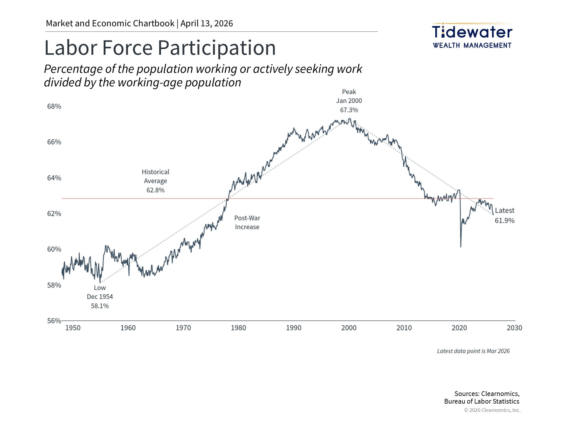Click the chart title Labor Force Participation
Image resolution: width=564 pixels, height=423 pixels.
160,48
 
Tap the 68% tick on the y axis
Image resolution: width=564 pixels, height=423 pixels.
54,106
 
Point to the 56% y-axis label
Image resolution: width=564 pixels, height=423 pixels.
54,321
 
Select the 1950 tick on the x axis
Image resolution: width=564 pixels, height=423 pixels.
73,328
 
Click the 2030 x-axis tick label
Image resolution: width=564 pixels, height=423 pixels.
514,328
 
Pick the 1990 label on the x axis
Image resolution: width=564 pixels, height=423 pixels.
293,328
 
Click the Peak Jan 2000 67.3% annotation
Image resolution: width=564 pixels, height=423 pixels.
349,101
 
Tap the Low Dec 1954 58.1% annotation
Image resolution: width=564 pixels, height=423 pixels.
100,297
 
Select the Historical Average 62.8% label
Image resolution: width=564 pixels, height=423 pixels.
155,181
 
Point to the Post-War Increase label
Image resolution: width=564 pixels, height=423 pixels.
247,222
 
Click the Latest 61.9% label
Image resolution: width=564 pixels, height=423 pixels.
504,215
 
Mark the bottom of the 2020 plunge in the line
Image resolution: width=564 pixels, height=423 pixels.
461,247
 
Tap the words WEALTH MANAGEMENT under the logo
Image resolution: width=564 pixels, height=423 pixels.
472,46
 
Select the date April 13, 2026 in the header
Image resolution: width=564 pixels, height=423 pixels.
207,23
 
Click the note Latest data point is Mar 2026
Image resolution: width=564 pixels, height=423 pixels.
473,351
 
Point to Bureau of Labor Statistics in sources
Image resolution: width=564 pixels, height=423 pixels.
481,401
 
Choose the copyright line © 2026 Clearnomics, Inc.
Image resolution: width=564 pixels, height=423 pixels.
492,410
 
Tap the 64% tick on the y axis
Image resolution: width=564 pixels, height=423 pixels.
54,178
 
